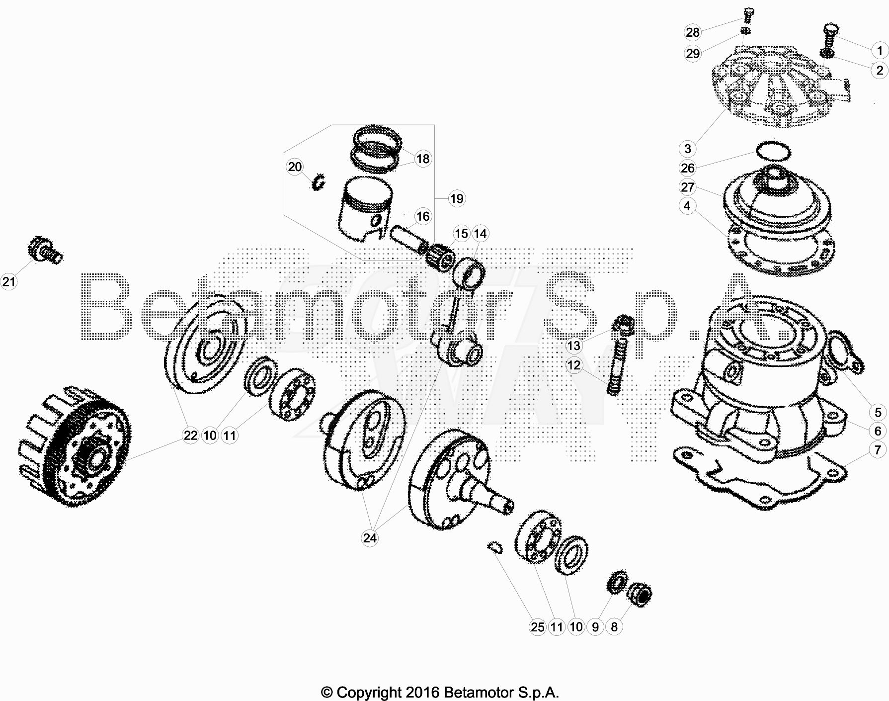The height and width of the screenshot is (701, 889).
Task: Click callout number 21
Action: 9,282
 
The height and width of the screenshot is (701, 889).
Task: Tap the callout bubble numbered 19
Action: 456,199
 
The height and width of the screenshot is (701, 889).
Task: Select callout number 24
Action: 370,538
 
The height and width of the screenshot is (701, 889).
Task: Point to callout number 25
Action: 538,627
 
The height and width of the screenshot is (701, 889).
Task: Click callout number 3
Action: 688,148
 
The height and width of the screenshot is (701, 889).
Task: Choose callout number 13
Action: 573,346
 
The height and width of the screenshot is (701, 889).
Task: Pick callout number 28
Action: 692,32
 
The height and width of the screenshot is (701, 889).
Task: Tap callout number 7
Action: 878,450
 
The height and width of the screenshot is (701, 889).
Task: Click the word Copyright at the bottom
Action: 369,692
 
